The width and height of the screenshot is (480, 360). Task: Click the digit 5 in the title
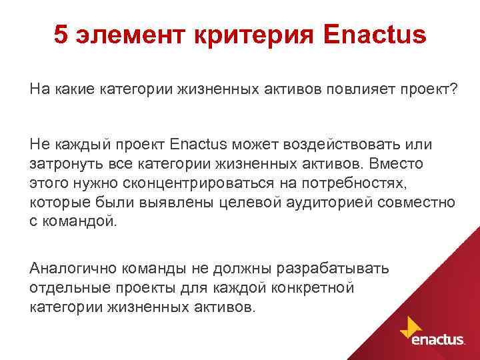61,35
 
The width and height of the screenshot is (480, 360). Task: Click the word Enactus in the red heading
374,35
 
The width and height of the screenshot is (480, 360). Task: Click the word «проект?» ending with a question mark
427,89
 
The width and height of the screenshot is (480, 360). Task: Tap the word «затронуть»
63,163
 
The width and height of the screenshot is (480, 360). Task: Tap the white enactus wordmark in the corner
438,340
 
